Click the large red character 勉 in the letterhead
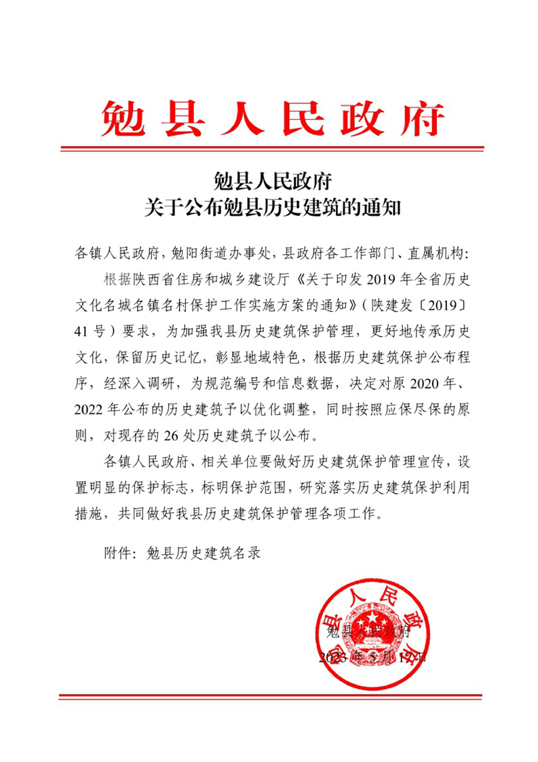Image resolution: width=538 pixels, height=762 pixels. coord(123,118)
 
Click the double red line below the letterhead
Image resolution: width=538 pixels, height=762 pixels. coord(272,149)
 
